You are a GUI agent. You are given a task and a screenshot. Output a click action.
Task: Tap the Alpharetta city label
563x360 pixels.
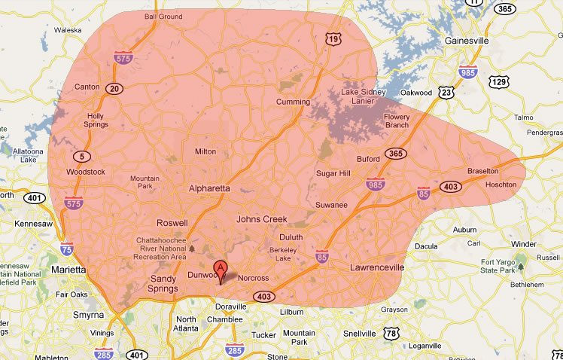209,189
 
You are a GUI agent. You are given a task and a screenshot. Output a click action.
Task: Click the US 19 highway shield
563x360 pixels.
333,38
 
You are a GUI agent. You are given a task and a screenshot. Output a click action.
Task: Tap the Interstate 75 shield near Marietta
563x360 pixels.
67,248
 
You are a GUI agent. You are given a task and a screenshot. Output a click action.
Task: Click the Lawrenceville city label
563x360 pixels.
377,267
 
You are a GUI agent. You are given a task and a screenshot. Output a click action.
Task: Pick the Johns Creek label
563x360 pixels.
262,219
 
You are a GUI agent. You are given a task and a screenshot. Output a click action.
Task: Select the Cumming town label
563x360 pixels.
293,102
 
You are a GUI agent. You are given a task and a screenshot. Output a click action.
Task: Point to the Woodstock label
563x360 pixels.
86,172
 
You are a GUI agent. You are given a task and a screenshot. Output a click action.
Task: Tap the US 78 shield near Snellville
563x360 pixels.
389,333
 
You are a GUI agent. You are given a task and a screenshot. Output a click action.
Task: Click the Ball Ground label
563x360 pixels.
163,16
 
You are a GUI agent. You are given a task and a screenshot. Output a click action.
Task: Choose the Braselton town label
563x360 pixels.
482,171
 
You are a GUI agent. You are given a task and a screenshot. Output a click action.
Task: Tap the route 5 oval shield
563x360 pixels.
81,156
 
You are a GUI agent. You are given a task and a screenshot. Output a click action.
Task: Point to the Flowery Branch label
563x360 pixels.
397,121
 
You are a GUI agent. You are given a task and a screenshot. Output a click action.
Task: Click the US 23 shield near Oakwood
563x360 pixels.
447,92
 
